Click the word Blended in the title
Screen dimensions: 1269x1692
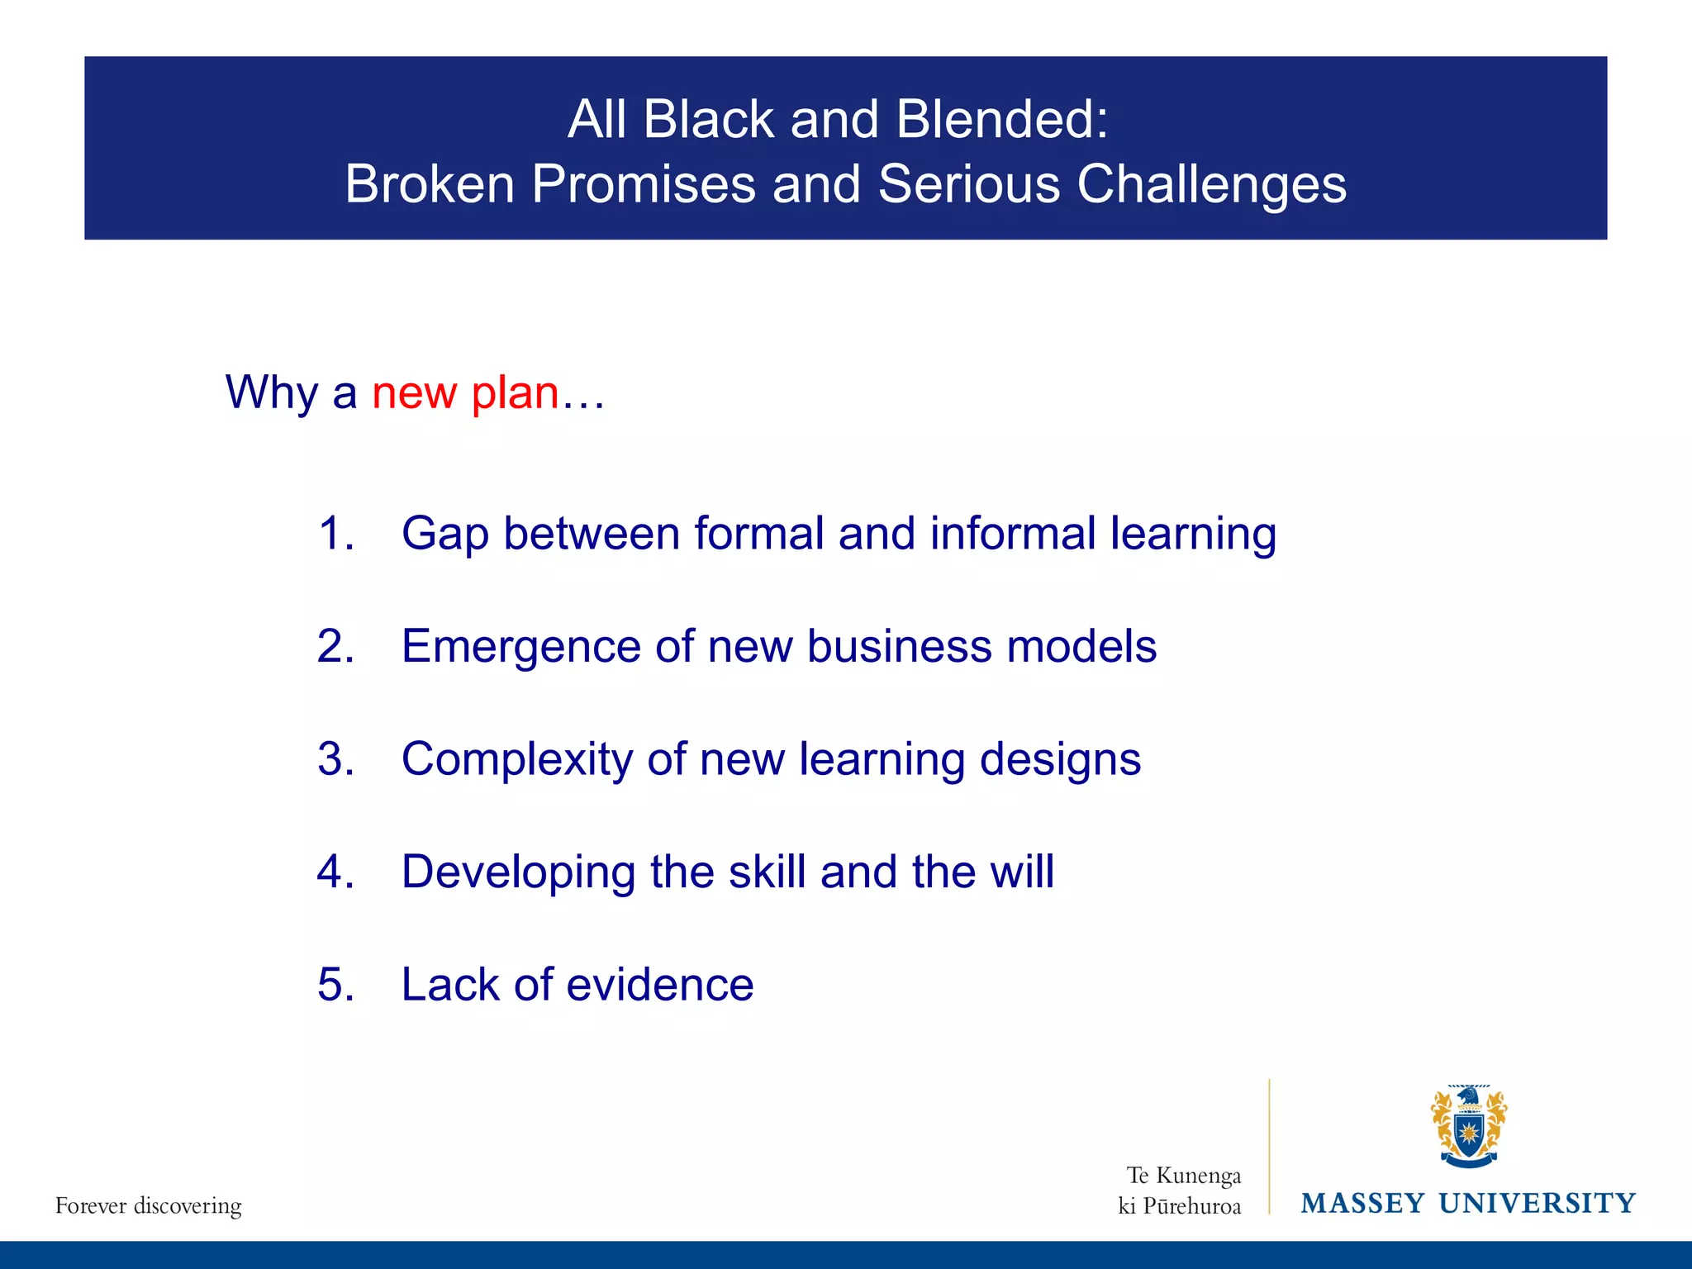point(1000,120)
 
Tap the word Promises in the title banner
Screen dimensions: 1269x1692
point(644,183)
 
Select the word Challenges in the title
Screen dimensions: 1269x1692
point(1211,185)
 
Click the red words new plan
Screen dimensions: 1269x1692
point(465,392)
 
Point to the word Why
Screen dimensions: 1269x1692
point(272,392)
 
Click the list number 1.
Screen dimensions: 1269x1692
point(335,533)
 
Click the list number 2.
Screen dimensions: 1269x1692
point(335,646)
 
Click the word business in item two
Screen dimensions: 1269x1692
point(900,646)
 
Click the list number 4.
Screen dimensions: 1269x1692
point(335,872)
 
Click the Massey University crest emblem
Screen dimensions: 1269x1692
point(1468,1127)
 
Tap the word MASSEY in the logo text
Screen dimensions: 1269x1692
point(1362,1204)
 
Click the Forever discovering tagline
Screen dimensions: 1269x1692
point(149,1206)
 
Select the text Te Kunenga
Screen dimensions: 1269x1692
point(1183,1175)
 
